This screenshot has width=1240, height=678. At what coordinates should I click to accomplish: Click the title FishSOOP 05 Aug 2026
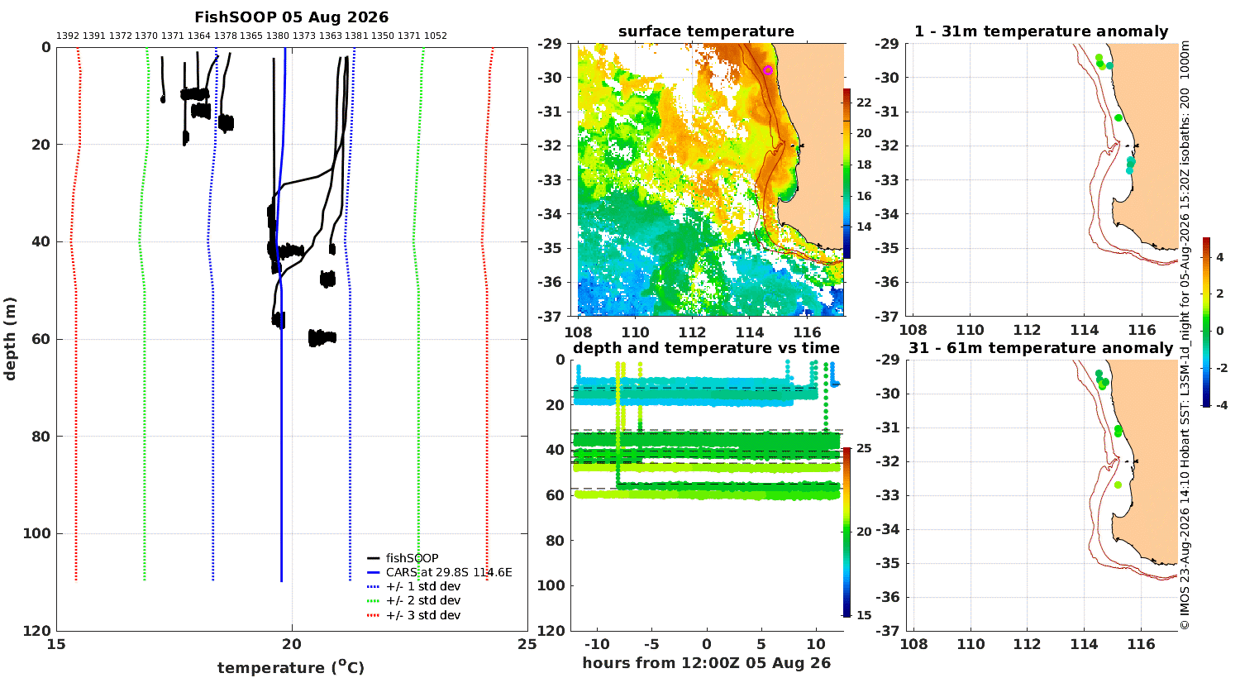[291, 17]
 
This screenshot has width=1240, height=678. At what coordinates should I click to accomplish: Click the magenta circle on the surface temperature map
[768, 70]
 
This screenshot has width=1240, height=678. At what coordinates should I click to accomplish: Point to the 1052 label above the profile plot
[435, 36]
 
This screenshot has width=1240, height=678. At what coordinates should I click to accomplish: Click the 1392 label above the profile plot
[68, 36]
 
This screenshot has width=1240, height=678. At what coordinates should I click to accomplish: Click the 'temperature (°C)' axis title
[291, 667]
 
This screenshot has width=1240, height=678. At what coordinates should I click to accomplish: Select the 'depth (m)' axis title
[10, 339]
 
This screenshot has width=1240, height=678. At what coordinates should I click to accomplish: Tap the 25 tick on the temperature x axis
[527, 644]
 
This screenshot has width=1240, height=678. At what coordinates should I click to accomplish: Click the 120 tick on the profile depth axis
[37, 630]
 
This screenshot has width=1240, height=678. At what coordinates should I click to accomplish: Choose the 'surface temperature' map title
[706, 31]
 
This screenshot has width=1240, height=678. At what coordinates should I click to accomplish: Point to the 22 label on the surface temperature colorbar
[864, 103]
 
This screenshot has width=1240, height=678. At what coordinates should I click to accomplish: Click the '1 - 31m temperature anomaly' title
[1042, 31]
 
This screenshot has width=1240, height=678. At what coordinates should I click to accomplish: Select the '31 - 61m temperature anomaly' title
[1041, 348]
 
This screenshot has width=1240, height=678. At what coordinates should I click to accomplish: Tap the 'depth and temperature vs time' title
[706, 348]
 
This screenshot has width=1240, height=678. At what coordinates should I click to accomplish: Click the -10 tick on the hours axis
[598, 644]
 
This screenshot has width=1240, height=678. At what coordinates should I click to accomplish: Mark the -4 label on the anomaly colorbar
[1221, 405]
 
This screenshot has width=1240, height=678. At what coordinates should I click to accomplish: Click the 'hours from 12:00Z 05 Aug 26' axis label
[706, 662]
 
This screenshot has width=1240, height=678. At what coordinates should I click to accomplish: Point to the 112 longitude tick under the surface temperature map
[692, 332]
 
